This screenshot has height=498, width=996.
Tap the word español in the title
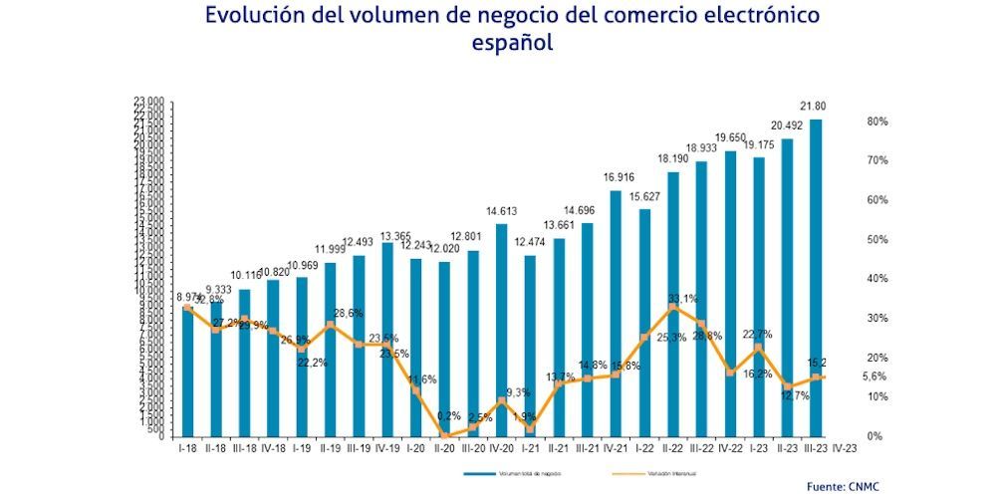coord(512,44)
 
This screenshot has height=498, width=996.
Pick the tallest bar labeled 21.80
coord(817,279)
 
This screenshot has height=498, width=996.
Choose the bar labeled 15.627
coord(644,323)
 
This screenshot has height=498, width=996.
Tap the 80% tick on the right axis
coord(876,122)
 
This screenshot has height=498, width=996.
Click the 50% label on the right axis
coord(876,240)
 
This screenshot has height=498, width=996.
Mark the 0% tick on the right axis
coord(873,436)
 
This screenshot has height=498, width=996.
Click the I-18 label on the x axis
coord(186,449)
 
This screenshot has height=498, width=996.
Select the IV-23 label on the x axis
coord(844,449)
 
